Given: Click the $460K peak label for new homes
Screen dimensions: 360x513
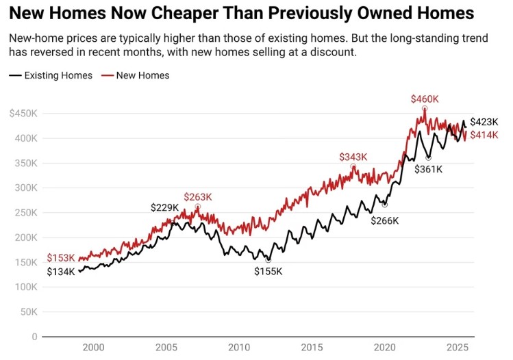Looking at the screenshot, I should tap(425, 99).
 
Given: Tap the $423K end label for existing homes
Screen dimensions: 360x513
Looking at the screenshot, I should tap(484, 122).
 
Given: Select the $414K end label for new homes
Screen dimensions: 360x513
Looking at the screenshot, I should tap(484, 135).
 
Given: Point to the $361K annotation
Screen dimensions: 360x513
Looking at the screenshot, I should tap(429, 169).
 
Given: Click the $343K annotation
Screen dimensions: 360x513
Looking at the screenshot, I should tap(353, 157).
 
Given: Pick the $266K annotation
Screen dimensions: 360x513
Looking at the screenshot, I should tap(385, 220).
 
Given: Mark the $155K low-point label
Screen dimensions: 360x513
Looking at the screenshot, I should tap(268, 272).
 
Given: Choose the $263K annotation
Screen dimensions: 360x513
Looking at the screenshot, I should tap(198, 197).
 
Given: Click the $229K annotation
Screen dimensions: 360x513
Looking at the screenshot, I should tap(164, 207).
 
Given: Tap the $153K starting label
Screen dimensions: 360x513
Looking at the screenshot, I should tap(61, 258).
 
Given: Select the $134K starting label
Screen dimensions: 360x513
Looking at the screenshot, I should tap(61, 272).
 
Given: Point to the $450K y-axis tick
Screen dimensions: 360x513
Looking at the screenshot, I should tap(23, 114).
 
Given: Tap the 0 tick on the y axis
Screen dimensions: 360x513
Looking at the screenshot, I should tap(34, 337).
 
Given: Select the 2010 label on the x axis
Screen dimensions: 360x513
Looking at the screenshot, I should tap(239, 348).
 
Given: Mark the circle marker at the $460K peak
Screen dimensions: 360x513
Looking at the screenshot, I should tap(425, 108).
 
